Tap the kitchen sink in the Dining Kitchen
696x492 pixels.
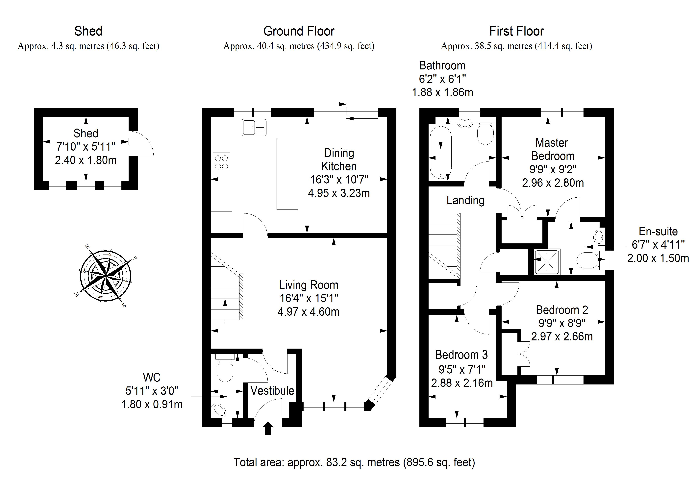(254, 127)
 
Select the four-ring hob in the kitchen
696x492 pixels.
(222, 162)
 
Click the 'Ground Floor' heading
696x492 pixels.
(299, 31)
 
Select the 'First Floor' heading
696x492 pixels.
(516, 31)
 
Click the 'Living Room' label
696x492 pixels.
(308, 285)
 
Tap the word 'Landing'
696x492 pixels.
(465, 200)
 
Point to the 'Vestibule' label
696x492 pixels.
(272, 391)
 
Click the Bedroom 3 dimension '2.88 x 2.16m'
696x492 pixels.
(462, 383)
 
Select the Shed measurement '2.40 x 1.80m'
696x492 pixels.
(86, 160)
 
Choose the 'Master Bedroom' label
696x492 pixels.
(553, 149)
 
